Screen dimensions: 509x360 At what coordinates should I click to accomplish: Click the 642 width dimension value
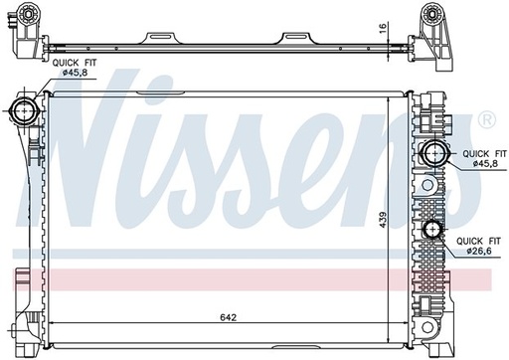click(x=229, y=317)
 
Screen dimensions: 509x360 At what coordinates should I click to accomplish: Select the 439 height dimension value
click(x=383, y=220)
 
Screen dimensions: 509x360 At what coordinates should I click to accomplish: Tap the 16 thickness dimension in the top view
click(x=382, y=27)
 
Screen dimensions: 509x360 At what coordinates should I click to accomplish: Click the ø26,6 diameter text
click(x=479, y=251)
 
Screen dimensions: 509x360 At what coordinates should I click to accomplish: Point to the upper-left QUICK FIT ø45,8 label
click(x=75, y=68)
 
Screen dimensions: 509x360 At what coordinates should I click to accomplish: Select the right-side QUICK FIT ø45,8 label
click(x=484, y=158)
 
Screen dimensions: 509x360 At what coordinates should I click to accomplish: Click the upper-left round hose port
click(x=25, y=110)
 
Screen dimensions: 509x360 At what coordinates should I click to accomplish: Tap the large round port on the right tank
click(x=434, y=153)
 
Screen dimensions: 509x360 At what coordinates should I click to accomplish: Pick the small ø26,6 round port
click(x=432, y=229)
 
